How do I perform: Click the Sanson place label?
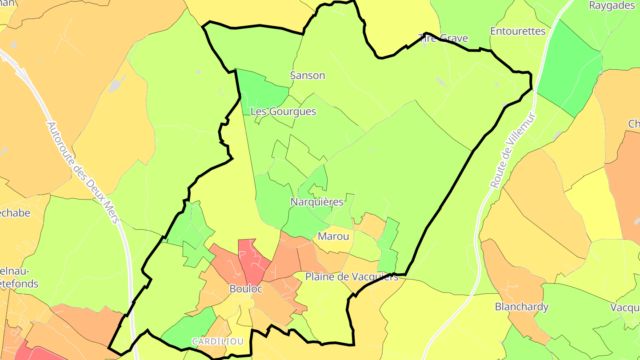click(x=308, y=76)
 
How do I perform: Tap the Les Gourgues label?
click(x=283, y=112)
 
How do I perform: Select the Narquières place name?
click(x=317, y=202)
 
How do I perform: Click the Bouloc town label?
click(x=246, y=289)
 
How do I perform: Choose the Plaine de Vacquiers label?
click(x=352, y=277)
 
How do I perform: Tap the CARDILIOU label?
click(x=218, y=341)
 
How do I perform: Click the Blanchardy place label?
click(x=522, y=307)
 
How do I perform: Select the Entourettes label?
click(x=518, y=31)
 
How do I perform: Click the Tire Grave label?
click(x=444, y=38)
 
